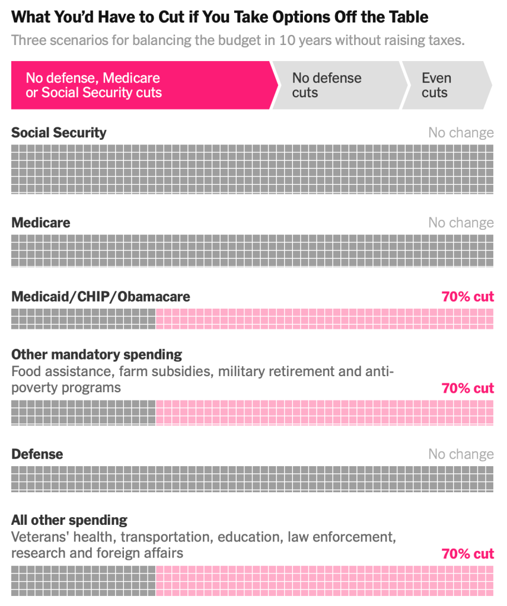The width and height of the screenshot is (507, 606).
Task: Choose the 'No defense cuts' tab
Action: [326, 85]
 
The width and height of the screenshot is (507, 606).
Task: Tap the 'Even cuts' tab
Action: [436, 85]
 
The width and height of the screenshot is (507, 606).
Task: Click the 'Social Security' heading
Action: [59, 132]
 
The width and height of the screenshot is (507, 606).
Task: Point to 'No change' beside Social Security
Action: [461, 133]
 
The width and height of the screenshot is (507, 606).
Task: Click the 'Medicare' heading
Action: [40, 223]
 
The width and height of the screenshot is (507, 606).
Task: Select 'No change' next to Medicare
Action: [461, 223]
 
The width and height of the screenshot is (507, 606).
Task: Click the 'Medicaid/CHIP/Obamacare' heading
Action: [101, 296]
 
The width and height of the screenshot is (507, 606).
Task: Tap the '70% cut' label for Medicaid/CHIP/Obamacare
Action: [467, 296]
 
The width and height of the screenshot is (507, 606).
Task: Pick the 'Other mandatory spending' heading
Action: [97, 354]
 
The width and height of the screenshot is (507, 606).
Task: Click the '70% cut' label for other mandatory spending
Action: [467, 388]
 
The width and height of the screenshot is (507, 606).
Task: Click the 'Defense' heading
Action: [37, 454]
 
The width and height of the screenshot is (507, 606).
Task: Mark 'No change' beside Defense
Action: [461, 454]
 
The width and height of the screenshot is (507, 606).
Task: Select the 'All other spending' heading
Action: [69, 520]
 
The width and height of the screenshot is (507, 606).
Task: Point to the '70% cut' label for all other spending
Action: [467, 554]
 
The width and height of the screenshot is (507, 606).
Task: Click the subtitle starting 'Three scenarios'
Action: [237, 41]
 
